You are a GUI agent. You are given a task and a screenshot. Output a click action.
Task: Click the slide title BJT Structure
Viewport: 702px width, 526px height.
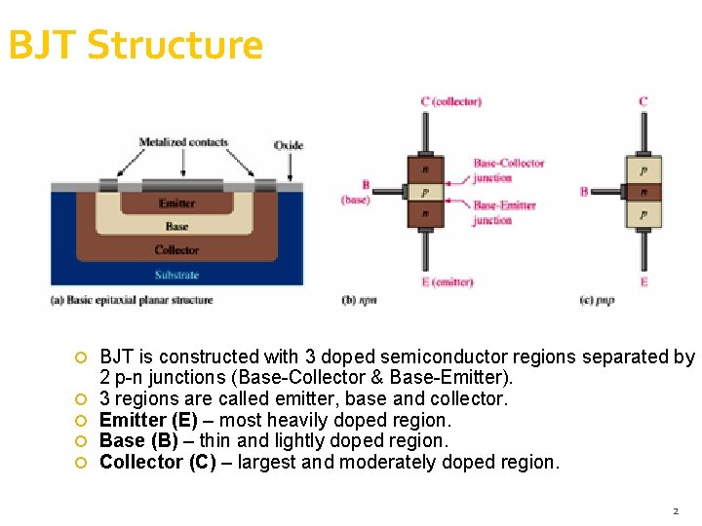[x=136, y=46]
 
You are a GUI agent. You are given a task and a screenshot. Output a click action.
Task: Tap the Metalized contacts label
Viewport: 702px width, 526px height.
[x=183, y=142]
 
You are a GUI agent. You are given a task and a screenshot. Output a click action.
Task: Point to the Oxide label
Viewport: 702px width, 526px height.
[x=288, y=145]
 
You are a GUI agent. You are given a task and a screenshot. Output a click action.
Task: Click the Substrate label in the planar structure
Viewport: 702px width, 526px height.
[x=176, y=275]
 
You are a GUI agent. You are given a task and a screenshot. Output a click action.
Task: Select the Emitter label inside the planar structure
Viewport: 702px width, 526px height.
[x=176, y=204]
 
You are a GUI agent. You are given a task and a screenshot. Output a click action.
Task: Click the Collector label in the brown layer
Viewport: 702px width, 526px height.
[x=176, y=250]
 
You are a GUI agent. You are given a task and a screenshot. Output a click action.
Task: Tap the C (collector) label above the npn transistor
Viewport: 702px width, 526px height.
[x=450, y=101]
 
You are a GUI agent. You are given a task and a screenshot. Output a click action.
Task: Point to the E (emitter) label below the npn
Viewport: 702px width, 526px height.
[x=448, y=282]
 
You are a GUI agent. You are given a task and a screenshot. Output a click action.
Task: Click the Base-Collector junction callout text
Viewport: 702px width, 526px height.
[x=508, y=169]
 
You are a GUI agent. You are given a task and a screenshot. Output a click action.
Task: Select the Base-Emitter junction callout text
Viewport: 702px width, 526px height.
[x=505, y=212]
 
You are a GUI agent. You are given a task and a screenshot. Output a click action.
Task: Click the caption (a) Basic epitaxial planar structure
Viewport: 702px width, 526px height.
[x=132, y=300]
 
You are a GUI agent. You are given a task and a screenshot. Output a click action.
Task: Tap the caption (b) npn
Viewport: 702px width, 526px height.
[x=360, y=300]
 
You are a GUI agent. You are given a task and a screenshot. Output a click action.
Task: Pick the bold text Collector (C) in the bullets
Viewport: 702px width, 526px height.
[x=158, y=462]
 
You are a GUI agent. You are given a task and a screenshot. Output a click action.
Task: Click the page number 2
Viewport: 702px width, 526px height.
[x=675, y=510]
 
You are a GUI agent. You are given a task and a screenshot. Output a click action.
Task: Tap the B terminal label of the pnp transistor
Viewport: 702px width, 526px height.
[x=584, y=192]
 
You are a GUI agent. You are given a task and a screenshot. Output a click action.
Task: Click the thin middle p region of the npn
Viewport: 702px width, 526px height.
[x=425, y=192]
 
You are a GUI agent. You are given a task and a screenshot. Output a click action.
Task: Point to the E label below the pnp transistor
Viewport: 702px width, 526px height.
[x=643, y=282]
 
